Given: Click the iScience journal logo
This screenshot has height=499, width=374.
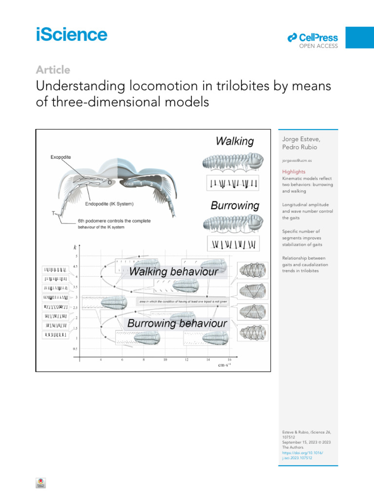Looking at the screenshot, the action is click(x=71, y=35).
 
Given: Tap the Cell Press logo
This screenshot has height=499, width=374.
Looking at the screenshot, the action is click(x=313, y=38).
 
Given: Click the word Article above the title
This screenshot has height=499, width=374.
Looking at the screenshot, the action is click(x=53, y=70).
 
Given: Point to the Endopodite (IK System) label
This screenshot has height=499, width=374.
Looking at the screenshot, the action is click(x=110, y=204).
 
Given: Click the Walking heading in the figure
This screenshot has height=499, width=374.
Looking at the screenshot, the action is click(x=235, y=142).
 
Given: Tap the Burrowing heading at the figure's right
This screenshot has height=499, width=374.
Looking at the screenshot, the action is click(x=235, y=206).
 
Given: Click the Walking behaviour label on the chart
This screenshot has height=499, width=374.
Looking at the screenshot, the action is click(x=173, y=272).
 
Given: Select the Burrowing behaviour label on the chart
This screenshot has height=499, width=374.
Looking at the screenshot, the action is click(x=177, y=323).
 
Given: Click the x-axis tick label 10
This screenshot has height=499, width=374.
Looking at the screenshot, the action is click(x=165, y=360).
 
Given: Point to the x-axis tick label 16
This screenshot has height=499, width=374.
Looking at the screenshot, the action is click(x=229, y=360).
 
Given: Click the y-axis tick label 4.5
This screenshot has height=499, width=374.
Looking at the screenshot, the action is click(x=75, y=267).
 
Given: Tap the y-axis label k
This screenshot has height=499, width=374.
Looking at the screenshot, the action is click(x=75, y=247).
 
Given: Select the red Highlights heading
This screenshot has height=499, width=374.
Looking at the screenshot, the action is click(x=294, y=172).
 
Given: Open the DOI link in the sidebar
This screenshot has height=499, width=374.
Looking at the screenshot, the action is click(x=302, y=455).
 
